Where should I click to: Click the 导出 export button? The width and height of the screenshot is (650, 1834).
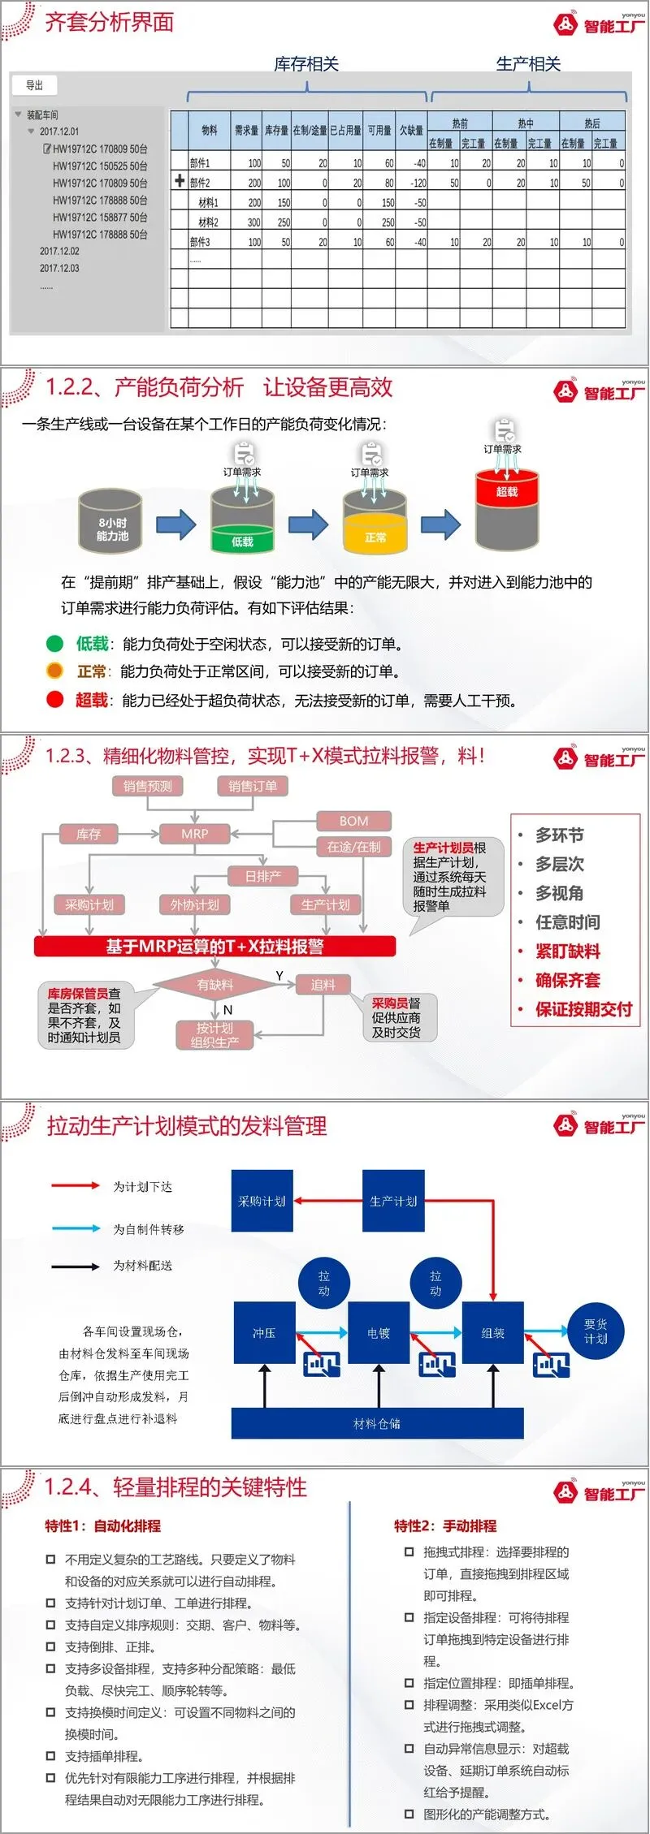pos(34,85)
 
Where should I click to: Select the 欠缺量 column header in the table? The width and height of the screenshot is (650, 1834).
pos(411,130)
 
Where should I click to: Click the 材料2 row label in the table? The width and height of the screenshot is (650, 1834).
pos(208,222)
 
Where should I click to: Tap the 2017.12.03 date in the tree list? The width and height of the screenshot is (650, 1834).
pos(59,268)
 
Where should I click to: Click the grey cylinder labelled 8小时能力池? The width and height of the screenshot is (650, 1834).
pos(110,521)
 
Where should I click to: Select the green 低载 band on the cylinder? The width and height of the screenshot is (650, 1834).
pos(242,541)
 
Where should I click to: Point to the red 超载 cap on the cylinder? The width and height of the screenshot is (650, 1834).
pos(507,490)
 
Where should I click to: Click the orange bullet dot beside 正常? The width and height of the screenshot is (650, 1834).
pos(54,671)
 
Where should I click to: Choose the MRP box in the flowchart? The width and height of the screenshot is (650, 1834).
pos(195,833)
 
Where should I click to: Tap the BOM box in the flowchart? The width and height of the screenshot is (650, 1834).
pos(353,821)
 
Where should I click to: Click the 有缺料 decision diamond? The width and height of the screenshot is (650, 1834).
pos(214,985)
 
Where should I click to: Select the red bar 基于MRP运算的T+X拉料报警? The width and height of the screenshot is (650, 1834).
pos(214,947)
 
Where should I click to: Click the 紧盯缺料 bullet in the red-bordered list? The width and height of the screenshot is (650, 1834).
pos(567,951)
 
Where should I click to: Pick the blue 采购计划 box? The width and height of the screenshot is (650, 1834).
pos(262,1201)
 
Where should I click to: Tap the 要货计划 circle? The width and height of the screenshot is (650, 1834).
pos(596,1331)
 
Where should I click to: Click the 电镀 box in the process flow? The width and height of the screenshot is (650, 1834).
pos(379,1333)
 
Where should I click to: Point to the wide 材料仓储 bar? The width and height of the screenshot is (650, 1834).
pos(377,1423)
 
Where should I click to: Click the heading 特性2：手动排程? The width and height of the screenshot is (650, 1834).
pos(444,1525)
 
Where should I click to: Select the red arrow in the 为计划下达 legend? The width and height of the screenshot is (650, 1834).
pos(76,1185)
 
